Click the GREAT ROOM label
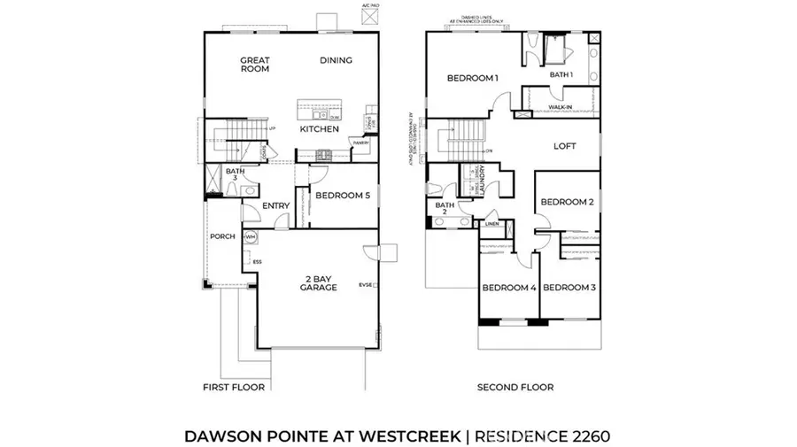click(x=255, y=65)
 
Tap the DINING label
click(x=336, y=60)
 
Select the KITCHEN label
click(x=319, y=129)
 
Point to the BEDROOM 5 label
click(x=343, y=196)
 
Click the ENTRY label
click(x=276, y=206)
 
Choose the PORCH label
click(x=221, y=236)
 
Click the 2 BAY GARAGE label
click(x=316, y=281)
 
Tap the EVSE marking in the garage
click(x=366, y=285)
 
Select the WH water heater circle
click(x=251, y=237)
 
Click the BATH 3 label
click(x=235, y=174)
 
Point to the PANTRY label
click(x=360, y=143)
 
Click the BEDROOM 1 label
click(x=472, y=78)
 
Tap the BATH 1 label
click(x=561, y=75)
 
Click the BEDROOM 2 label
click(x=567, y=202)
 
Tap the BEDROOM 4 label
click(x=509, y=288)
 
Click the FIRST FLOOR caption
click(x=234, y=387)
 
